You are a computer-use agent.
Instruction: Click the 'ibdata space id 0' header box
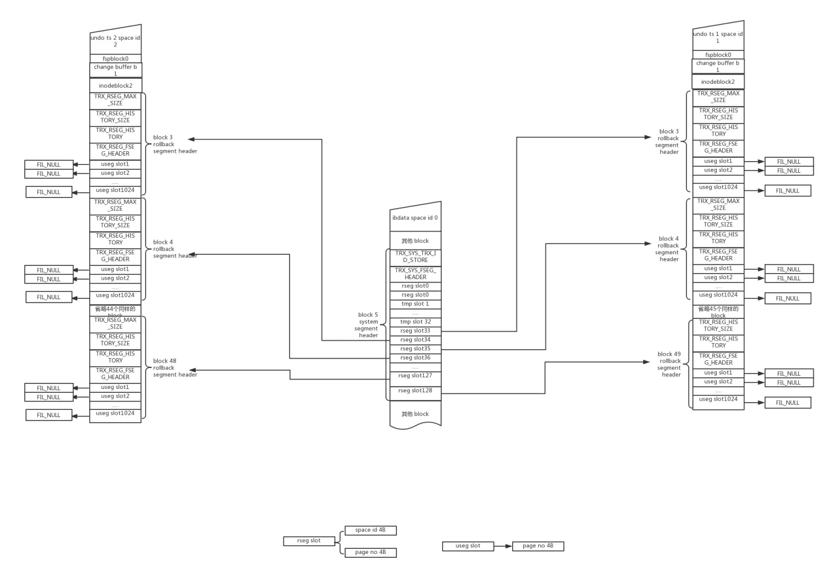coord(415,218)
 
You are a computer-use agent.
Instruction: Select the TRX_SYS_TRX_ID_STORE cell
coord(415,257)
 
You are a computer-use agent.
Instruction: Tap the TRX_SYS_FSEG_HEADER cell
coord(415,274)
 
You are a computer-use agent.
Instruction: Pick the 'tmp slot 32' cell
coord(415,322)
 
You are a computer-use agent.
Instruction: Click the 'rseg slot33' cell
coord(415,331)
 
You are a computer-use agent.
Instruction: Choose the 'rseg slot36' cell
coord(415,358)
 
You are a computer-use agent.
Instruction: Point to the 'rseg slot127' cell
coord(415,376)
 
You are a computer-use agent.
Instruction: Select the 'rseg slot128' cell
coord(415,391)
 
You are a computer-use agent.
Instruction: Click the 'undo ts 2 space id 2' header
coord(115,41)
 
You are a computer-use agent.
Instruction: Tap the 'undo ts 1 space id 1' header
coord(718,37)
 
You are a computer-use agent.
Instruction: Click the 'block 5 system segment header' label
coord(368,325)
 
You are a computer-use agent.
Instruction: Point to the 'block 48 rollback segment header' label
coord(174,368)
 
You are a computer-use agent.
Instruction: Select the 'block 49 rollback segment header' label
coord(669,364)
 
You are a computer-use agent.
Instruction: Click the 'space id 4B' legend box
coord(370,530)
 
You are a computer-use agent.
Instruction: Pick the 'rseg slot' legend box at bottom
coord(309,541)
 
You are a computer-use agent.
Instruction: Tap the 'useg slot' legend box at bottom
coord(468,546)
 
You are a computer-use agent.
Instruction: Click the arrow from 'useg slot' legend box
coord(503,546)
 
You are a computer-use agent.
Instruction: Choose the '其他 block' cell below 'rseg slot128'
coord(415,414)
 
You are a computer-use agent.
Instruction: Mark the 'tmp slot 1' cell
coord(415,304)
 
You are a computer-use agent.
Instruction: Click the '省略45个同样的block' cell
coord(718,312)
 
